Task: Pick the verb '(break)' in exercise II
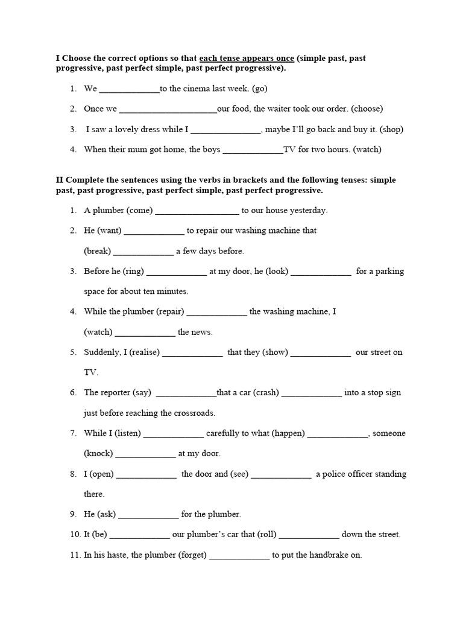tap(98, 251)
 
